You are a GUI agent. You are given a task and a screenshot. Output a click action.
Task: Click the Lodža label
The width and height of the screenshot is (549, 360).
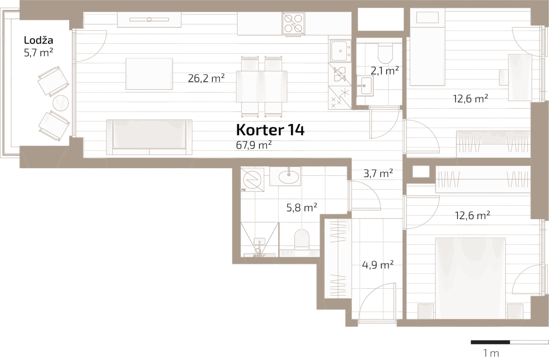point(38,40)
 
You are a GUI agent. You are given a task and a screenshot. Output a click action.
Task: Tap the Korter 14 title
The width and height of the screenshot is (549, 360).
point(270,130)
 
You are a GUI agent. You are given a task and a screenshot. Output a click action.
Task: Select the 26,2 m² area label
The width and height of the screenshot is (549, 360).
point(206,78)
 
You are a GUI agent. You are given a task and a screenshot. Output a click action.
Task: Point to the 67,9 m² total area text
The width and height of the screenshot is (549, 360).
point(254,145)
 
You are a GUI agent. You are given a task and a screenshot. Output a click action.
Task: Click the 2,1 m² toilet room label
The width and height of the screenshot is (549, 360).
point(384,71)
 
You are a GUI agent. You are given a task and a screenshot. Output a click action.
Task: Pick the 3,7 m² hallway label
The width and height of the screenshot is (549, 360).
point(378,173)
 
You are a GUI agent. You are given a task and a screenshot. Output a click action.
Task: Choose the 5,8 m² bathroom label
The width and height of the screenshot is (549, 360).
point(302,207)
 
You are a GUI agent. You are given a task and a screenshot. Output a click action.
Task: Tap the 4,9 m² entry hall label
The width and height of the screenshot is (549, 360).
point(378,265)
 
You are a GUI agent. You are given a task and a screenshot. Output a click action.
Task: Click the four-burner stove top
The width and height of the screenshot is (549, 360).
point(293,24)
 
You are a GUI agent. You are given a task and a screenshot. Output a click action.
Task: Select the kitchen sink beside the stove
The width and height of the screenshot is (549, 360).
point(340,51)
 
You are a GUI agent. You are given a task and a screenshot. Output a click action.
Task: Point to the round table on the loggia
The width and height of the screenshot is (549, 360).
point(61,103)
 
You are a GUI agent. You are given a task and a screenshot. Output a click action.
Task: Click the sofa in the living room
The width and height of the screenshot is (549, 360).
point(149,137)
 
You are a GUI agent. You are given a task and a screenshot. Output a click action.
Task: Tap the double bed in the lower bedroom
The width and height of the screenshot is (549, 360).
point(470,278)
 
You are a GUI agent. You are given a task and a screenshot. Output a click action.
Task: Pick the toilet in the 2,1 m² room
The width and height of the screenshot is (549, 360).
point(385,53)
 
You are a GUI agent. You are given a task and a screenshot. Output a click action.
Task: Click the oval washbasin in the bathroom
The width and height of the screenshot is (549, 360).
point(289,177)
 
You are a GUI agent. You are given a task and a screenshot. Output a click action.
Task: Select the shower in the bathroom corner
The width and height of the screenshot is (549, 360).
point(259,240)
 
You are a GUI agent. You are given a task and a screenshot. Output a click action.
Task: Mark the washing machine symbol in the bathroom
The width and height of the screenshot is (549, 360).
point(252,180)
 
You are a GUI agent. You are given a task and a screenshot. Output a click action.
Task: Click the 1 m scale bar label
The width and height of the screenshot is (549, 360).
point(491,353)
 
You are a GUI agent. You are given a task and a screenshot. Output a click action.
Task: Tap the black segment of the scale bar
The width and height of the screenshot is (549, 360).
point(490,342)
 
